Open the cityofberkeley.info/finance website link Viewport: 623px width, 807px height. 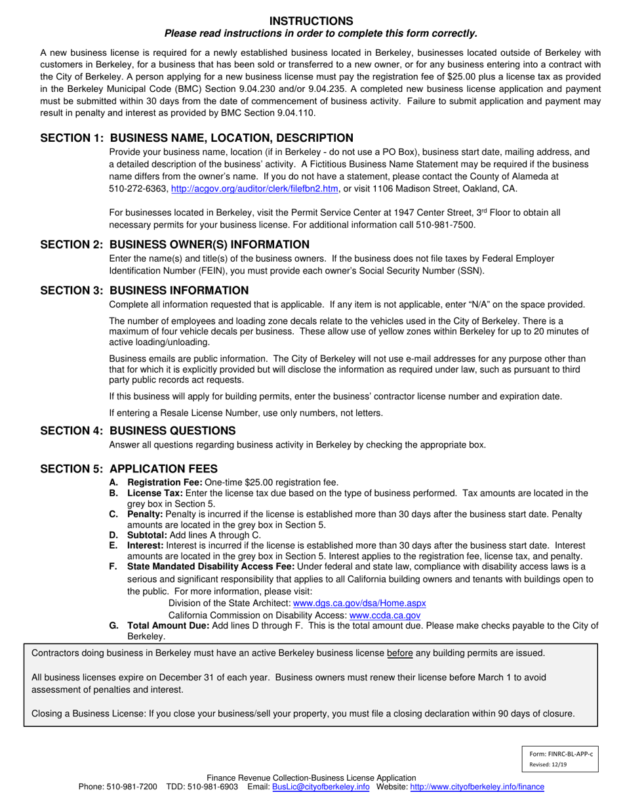[x=477, y=787]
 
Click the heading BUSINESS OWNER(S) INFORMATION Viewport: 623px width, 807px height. [x=209, y=245]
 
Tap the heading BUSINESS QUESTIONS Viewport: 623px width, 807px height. [x=172, y=430]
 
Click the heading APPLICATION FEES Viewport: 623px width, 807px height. [x=163, y=468]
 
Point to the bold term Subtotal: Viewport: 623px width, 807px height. [x=147, y=535]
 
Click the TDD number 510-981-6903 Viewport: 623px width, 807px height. [x=213, y=787]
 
